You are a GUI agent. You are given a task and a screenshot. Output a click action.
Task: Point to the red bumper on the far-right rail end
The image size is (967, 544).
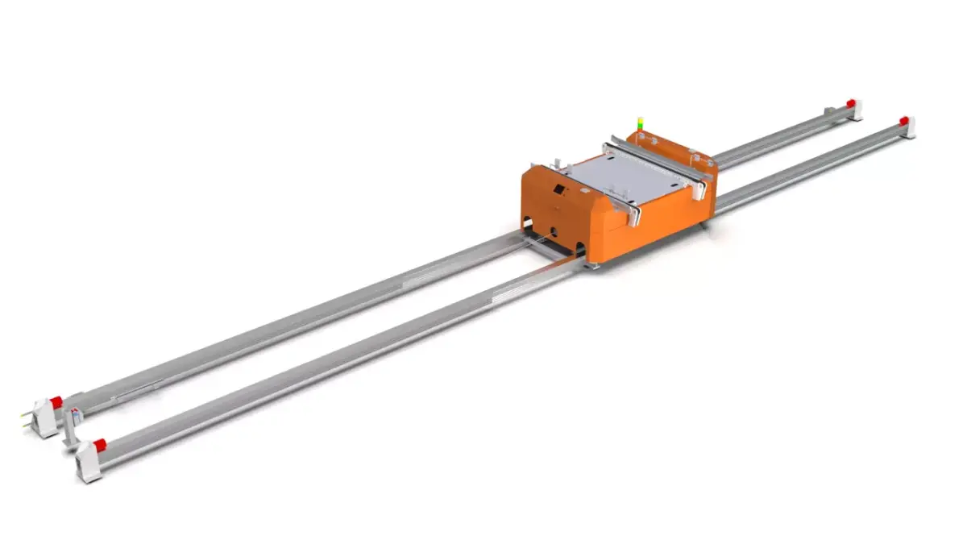903,121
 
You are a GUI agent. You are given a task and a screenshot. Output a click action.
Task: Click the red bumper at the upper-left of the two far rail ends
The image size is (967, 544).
850,102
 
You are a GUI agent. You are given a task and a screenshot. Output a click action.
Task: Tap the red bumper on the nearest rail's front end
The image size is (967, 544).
99,445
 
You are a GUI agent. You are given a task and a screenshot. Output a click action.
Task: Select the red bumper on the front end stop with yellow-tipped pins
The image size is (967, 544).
56,401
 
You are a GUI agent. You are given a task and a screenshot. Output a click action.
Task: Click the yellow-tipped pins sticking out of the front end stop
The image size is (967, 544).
27,417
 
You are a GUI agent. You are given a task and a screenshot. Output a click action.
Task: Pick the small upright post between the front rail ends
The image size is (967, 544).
73,427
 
